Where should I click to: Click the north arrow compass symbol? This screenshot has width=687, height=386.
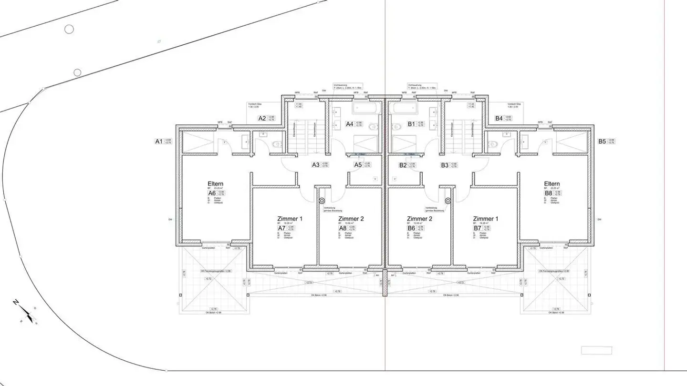click(x=26, y=313)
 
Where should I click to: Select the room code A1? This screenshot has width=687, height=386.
click(x=159, y=141)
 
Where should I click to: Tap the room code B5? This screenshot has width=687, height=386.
click(x=602, y=141)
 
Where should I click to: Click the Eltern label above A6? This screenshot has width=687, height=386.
click(x=216, y=184)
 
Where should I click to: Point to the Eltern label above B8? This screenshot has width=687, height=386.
click(x=552, y=184)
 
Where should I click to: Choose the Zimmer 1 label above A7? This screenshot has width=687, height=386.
click(x=291, y=219)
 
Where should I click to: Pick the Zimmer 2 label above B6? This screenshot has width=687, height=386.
click(x=420, y=219)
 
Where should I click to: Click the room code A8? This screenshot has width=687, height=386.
click(x=343, y=228)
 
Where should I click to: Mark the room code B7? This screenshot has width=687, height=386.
click(x=477, y=228)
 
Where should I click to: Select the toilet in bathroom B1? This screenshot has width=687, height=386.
click(x=397, y=127)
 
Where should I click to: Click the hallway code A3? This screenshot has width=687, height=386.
click(x=315, y=165)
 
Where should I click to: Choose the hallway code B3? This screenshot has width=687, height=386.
click(x=445, y=165)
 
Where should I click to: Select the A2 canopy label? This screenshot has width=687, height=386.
click(x=262, y=118)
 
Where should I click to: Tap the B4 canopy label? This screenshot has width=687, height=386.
click(x=499, y=118)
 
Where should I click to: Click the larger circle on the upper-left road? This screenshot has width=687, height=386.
click(x=69, y=30)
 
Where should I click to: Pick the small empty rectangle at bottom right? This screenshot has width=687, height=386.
click(x=596, y=350)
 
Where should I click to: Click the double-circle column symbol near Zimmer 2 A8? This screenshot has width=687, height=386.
click(x=322, y=201)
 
